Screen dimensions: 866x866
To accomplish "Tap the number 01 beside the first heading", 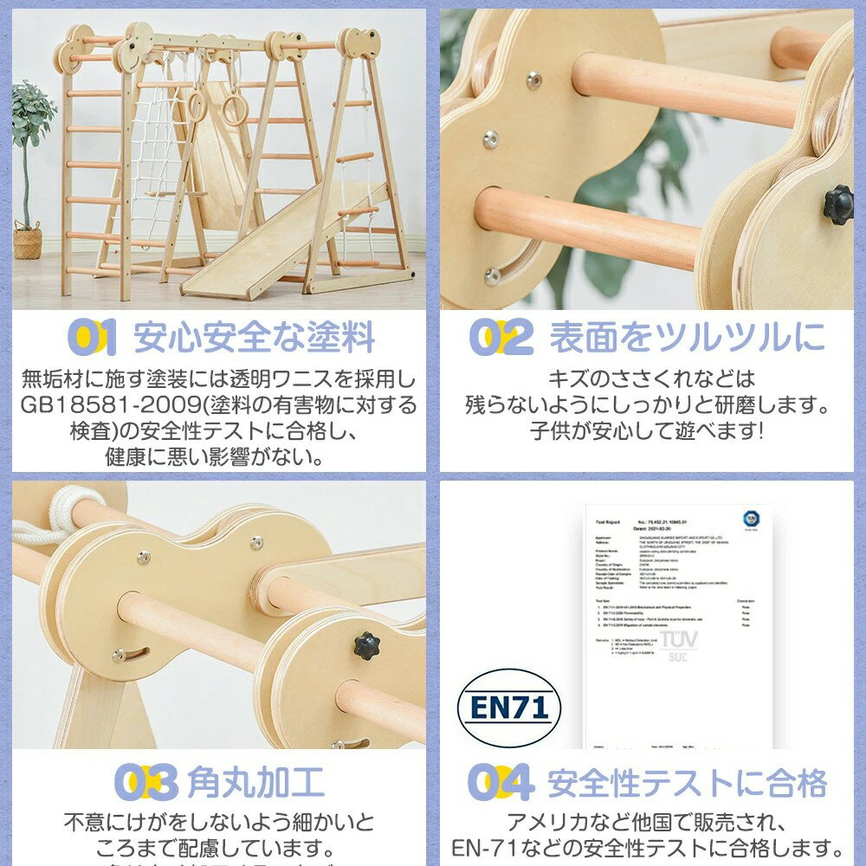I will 91,338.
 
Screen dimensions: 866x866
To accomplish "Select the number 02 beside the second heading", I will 501,338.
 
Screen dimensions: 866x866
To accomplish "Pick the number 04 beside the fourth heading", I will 501,783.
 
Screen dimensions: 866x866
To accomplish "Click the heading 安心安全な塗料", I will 255,339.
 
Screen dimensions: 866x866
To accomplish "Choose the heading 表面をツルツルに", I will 687,339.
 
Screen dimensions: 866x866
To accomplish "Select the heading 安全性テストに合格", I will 687,784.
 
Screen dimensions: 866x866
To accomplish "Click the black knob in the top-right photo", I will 837,204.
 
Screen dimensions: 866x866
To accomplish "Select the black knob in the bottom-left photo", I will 366,644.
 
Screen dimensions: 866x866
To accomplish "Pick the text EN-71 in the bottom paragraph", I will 479,845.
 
